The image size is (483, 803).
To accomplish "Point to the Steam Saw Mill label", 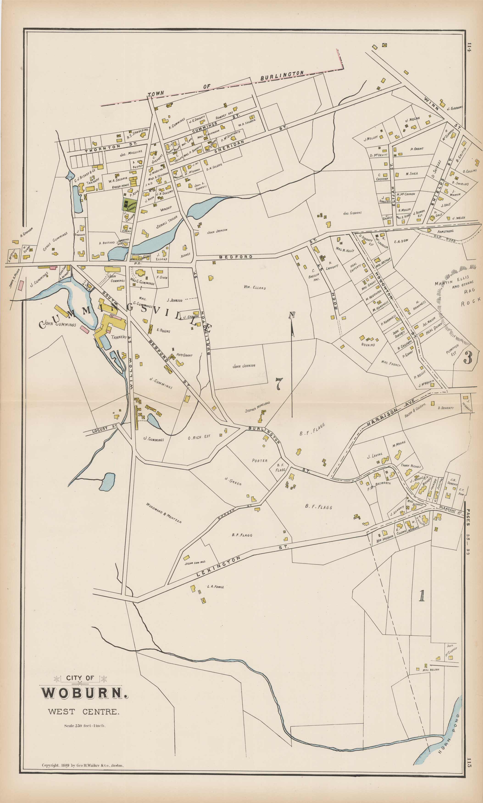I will [195, 563].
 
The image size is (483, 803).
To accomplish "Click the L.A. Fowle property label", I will [215, 587].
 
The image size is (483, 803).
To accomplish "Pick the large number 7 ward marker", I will [279, 384].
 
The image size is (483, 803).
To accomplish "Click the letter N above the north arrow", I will [292, 315].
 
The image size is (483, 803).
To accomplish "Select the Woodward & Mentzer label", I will [163, 513].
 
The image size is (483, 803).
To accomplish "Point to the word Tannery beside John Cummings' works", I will [119, 337].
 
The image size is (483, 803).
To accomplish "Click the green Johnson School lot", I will [129, 205].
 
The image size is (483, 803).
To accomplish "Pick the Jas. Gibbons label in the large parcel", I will [352, 213].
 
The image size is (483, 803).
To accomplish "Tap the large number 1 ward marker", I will [422, 595].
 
